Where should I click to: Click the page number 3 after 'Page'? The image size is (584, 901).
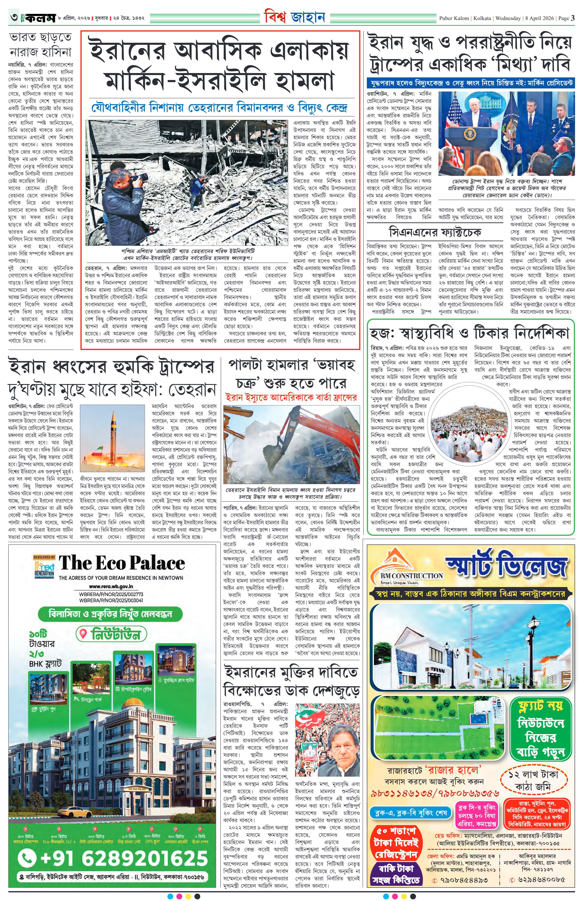(x=573, y=18)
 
